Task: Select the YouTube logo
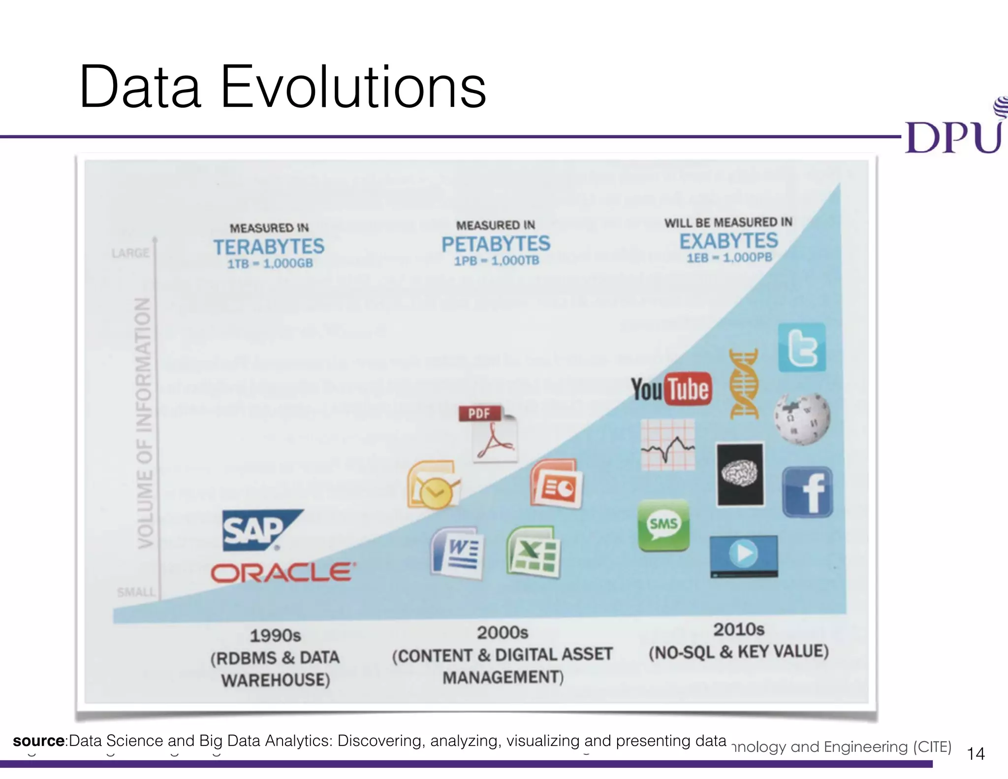pyautogui.click(x=671, y=389)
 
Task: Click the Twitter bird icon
pyautogui.click(x=802, y=348)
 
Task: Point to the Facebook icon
pyautogui.click(x=807, y=492)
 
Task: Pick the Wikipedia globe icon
pyautogui.click(x=802, y=419)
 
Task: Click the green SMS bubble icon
pyautogui.click(x=663, y=525)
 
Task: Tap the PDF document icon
pyautogui.click(x=488, y=433)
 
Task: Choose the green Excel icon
pyautogui.click(x=533, y=552)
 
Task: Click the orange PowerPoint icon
pyautogui.click(x=556, y=485)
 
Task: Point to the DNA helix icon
pyautogui.click(x=744, y=384)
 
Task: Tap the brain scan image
pyautogui.click(x=740, y=474)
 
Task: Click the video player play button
pyautogui.click(x=744, y=553)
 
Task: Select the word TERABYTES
pyautogui.click(x=269, y=247)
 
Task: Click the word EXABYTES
pyautogui.click(x=729, y=241)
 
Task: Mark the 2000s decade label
pyautogui.click(x=503, y=633)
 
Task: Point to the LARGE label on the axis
pyautogui.click(x=130, y=253)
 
